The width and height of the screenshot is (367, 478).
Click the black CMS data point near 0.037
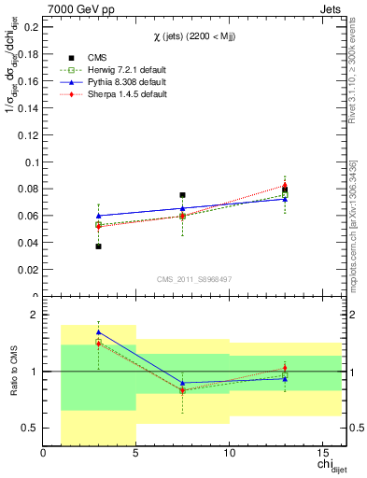coord(99,246)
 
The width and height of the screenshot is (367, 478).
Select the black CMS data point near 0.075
coord(183,195)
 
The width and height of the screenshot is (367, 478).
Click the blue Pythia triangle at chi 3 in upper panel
coord(99,216)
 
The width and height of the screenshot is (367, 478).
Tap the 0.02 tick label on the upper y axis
coord(28,270)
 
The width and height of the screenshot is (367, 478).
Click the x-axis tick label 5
coord(136,454)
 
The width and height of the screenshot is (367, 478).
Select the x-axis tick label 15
coord(321,454)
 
